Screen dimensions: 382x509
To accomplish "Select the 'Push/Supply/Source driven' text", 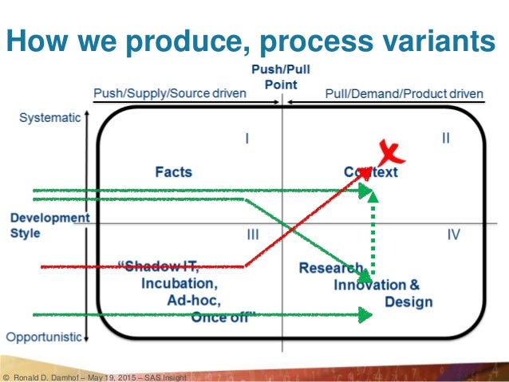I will pos(170,94).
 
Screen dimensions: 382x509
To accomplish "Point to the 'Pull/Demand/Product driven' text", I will pos(404,94).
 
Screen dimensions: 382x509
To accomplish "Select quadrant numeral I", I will pos(247,139).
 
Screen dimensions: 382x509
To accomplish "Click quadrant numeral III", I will pos(252,235).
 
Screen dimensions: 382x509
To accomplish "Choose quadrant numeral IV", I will pos(454,235).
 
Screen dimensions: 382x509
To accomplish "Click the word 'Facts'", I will pos(174,171).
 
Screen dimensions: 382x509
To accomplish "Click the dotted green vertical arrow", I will pos(373,235).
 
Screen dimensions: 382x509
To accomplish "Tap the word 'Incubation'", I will pos(179,283).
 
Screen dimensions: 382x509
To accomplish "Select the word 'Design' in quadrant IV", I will pos(408,301).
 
